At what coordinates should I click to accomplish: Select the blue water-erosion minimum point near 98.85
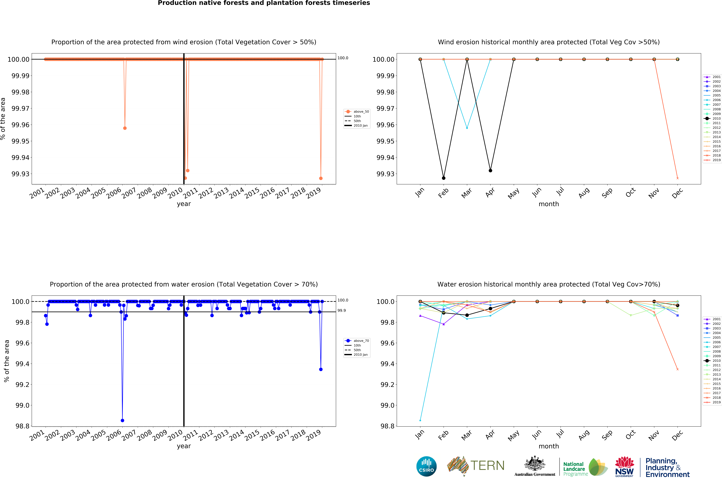pyautogui.click(x=123, y=420)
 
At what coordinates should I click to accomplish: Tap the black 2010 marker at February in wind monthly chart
pyautogui.click(x=444, y=178)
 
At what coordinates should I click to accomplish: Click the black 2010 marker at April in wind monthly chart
pyautogui.click(x=490, y=170)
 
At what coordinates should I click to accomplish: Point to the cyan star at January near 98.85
pyautogui.click(x=420, y=420)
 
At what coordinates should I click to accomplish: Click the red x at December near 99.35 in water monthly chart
pyautogui.click(x=677, y=369)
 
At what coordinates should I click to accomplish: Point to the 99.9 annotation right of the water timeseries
pyautogui.click(x=341, y=311)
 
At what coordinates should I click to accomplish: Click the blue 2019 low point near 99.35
pyautogui.click(x=321, y=369)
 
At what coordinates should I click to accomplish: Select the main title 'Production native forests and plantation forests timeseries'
pyautogui.click(x=264, y=3)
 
